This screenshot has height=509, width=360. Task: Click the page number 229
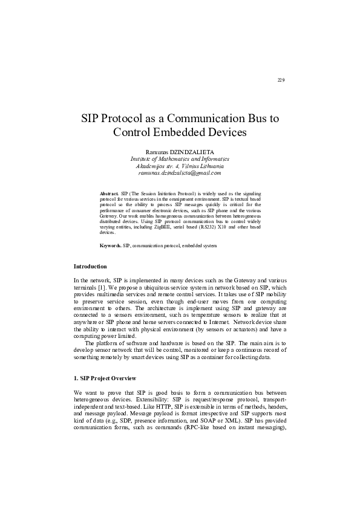tap(281, 80)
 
